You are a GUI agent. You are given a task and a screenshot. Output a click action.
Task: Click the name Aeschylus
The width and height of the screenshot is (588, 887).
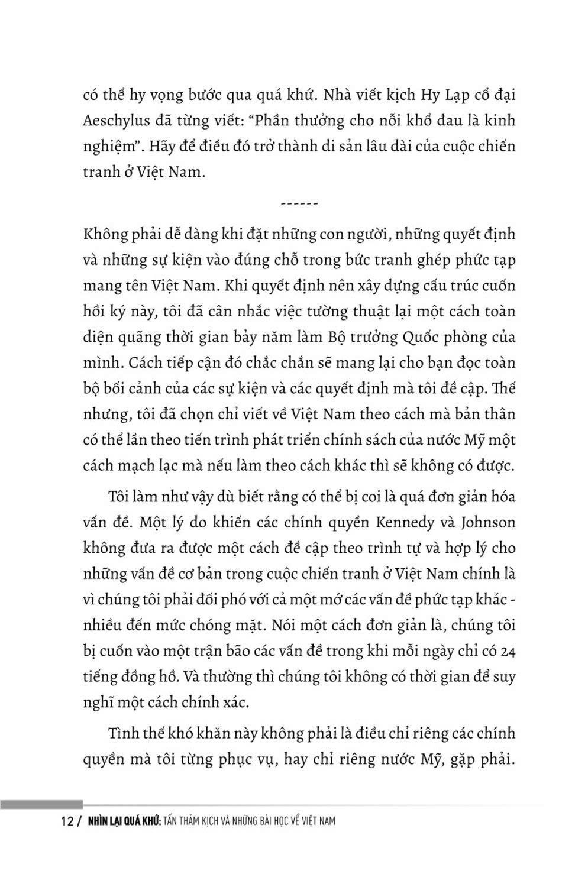click(121, 121)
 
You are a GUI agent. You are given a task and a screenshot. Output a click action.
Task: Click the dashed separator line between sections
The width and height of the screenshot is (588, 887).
click(299, 204)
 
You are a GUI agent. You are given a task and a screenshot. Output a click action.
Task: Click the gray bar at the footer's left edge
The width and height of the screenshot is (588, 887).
click(41, 804)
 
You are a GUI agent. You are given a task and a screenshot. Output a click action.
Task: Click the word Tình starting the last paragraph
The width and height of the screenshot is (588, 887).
click(123, 734)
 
